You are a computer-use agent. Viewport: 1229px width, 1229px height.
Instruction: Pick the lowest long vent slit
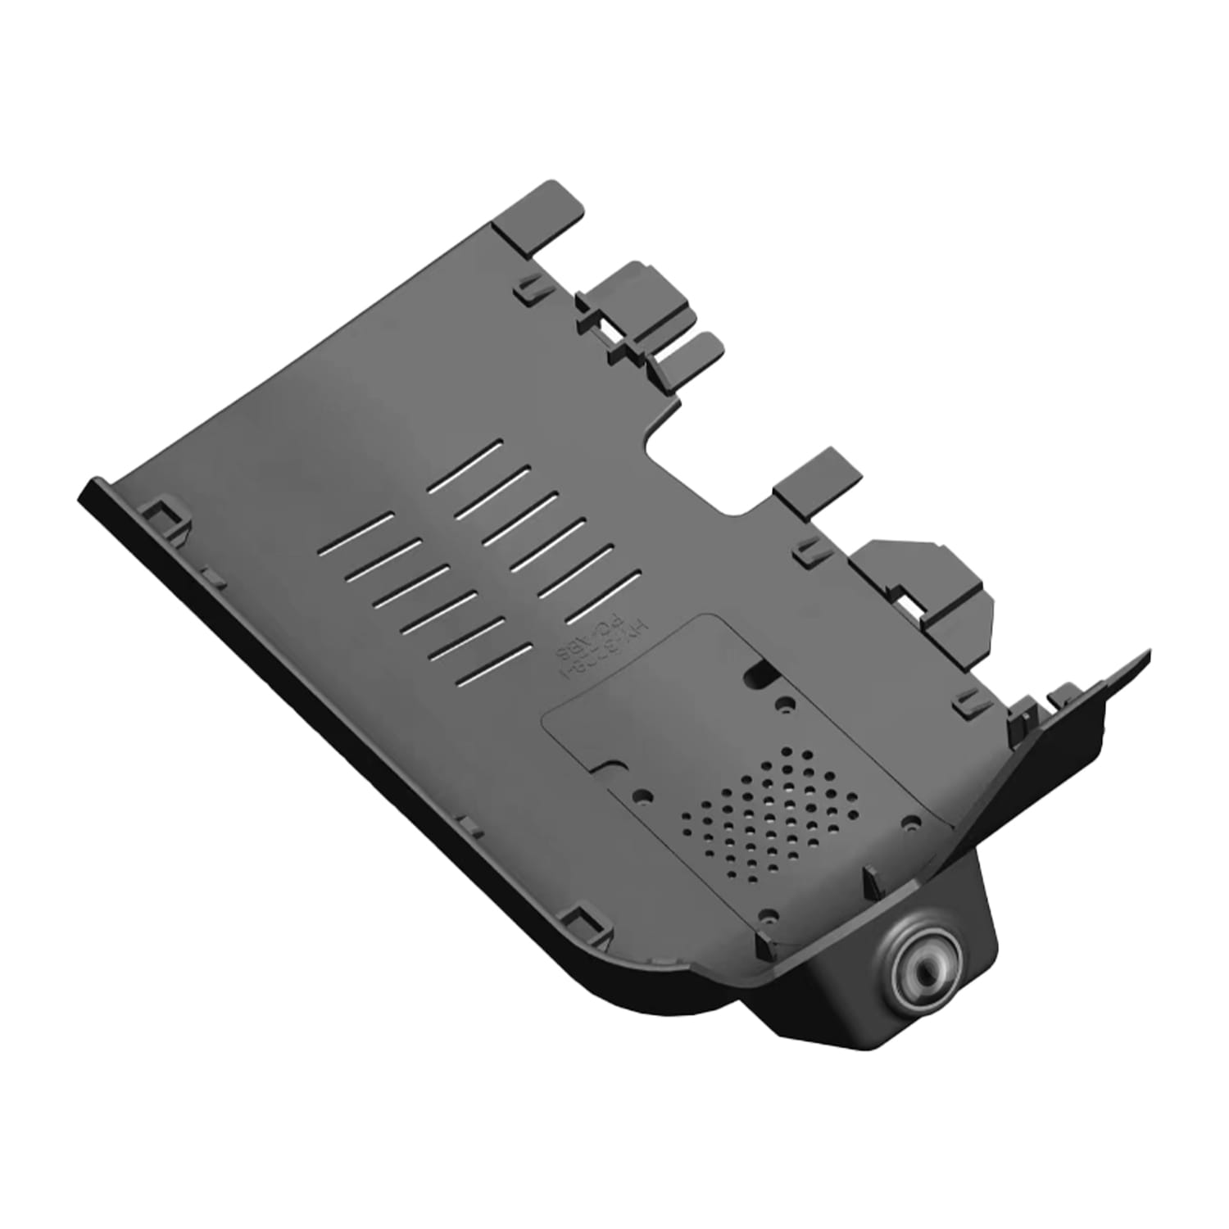[x=492, y=662]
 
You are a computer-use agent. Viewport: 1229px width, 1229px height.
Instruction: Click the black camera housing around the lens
[x=868, y=1008]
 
